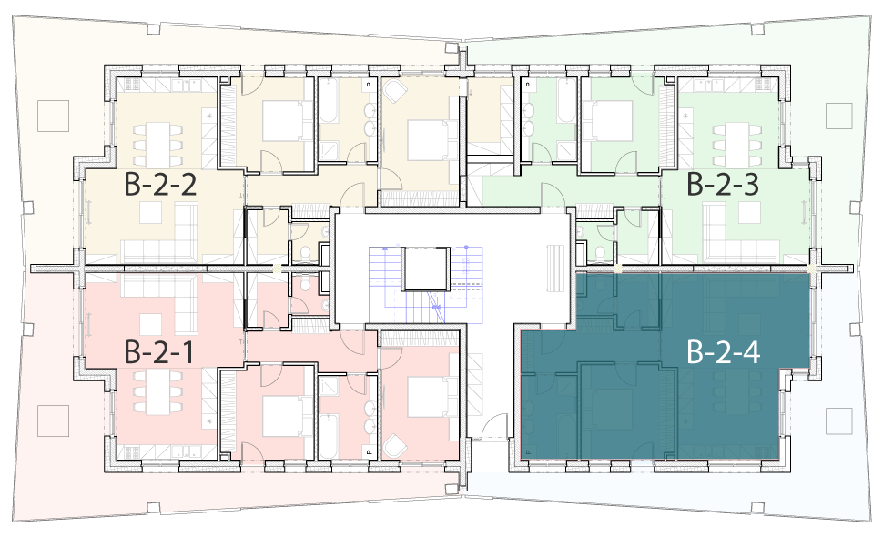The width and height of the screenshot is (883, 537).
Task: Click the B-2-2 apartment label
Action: click(160, 185)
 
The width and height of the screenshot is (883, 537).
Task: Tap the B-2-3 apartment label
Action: click(723, 185)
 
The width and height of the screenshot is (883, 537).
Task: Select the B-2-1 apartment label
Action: click(159, 352)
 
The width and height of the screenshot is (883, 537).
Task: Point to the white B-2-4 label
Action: click(724, 352)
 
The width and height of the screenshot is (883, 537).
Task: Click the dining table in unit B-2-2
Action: click(158, 141)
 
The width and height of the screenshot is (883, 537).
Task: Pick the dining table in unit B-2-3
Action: click(737, 141)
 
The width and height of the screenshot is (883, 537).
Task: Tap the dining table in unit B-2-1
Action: click(158, 391)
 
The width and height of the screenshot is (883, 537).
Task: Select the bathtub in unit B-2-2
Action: click(328, 101)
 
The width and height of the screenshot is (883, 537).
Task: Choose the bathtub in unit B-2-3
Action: click(566, 101)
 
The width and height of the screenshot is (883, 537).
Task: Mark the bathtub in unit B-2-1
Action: click(328, 437)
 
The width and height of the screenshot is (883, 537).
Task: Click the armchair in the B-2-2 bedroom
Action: click(394, 90)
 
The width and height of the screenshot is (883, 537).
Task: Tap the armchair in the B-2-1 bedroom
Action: click(394, 446)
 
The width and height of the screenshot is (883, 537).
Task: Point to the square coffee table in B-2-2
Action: click(151, 212)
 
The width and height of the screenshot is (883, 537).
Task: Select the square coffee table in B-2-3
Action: click(749, 212)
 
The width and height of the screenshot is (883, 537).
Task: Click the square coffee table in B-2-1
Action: click(151, 324)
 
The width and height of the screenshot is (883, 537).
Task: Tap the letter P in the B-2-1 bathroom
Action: click(370, 451)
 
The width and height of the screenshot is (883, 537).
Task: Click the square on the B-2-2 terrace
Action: click(53, 116)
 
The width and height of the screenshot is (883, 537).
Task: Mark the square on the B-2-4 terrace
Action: click(839, 421)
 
